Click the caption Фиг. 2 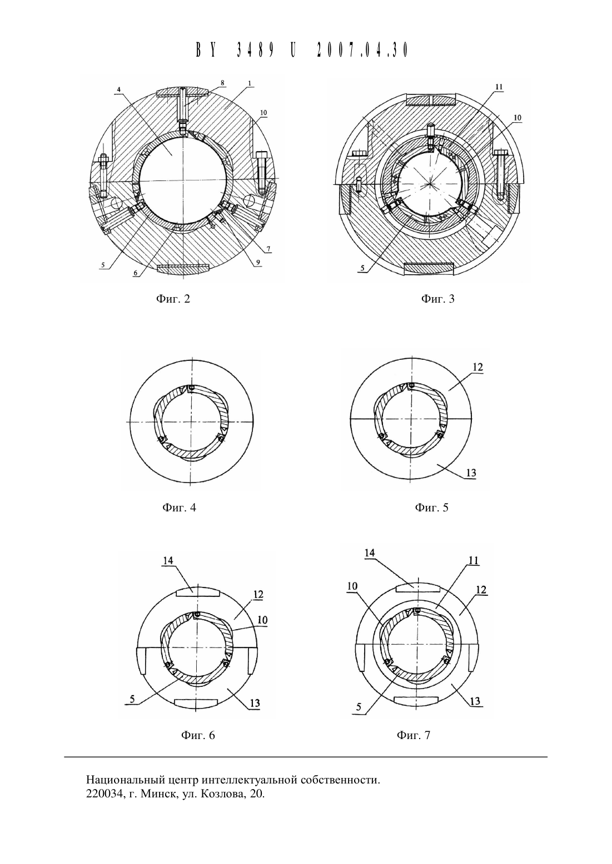173,299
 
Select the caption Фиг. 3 438,299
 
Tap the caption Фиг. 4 179,507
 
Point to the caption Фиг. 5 432,507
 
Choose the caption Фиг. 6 198,735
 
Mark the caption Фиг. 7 413,735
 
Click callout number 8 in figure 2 222,83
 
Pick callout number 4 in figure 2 119,89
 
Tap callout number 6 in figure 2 135,272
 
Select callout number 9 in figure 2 258,262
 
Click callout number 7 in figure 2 268,249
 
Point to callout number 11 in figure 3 499,87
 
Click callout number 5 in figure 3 362,268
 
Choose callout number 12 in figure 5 477,367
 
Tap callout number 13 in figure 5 471,473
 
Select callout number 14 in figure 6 168,560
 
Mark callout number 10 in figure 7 352,597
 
